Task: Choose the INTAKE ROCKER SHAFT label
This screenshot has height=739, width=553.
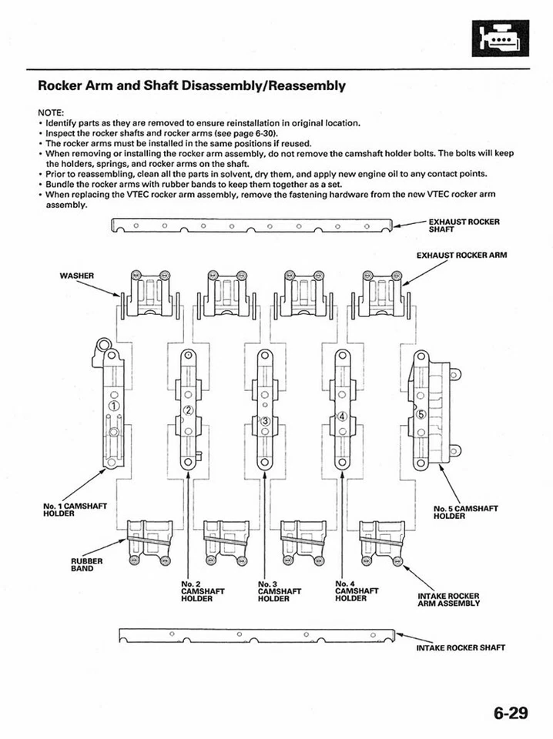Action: pos(461,647)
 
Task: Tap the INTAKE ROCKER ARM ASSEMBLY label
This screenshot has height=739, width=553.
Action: pos(448,600)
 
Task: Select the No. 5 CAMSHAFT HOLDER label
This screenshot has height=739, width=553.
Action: pos(466,512)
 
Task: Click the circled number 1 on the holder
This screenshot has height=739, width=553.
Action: pos(115,406)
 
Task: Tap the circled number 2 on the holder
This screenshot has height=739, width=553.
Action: pos(187,410)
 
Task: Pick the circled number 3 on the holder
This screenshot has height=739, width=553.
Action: pos(265,420)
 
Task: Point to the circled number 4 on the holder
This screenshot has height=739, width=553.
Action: pos(343,416)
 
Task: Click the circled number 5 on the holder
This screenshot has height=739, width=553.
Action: pos(421,414)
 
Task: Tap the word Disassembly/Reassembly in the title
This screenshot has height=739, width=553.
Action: pos(263,85)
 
